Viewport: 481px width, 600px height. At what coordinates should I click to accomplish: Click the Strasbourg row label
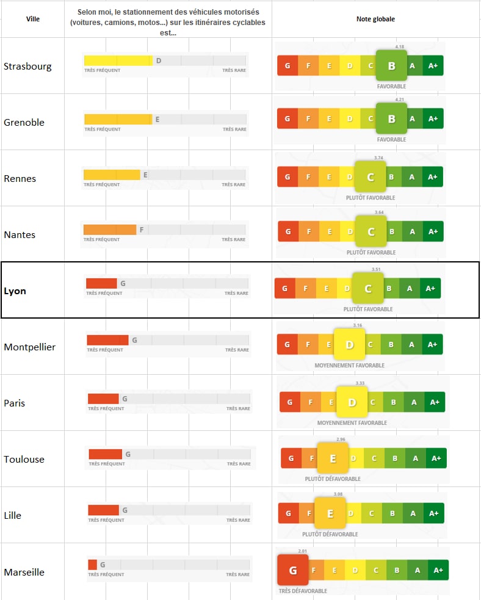click(x=27, y=66)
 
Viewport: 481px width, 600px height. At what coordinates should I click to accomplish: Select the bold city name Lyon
click(x=15, y=291)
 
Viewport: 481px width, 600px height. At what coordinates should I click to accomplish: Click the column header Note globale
click(x=375, y=19)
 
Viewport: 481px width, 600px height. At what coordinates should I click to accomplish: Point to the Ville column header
click(x=33, y=19)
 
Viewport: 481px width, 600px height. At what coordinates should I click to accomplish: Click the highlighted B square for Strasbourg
click(x=391, y=65)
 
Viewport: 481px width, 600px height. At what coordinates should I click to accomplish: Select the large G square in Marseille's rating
click(x=292, y=570)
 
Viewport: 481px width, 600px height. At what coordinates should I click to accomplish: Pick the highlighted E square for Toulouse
click(x=333, y=458)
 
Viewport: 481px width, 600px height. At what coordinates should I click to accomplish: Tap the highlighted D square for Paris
click(x=352, y=402)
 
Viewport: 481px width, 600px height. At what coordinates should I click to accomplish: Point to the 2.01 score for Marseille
click(x=303, y=551)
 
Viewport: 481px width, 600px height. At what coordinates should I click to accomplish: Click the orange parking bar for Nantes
click(x=110, y=230)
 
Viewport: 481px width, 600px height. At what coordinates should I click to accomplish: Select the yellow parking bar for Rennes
click(x=112, y=175)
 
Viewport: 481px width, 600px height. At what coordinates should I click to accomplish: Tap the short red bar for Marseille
click(x=92, y=565)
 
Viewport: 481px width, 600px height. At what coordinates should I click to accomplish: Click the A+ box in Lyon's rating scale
click(x=430, y=289)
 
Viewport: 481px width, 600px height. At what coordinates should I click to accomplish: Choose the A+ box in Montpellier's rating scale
click(x=433, y=345)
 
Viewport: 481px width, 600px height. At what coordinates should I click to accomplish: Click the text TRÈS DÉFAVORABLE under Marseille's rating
click(x=303, y=591)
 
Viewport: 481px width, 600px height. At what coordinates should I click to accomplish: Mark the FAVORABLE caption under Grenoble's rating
click(x=391, y=140)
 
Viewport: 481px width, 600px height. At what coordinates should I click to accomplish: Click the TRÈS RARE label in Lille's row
click(x=238, y=520)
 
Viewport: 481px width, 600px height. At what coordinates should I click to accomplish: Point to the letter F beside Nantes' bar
click(x=142, y=230)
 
